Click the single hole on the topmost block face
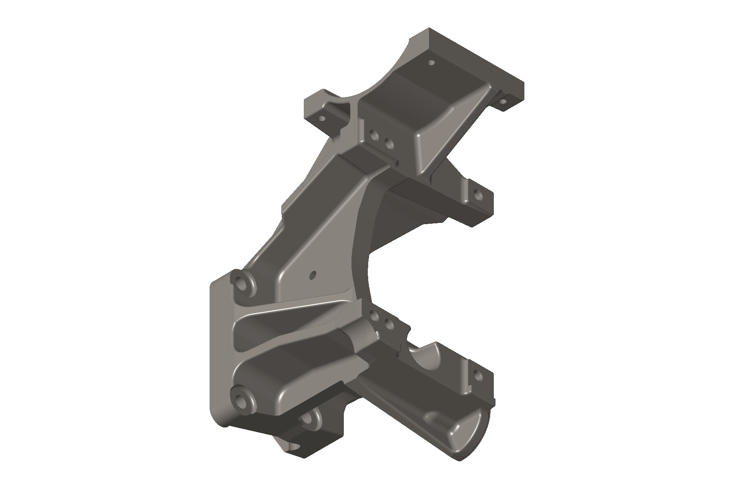pyautogui.click(x=432, y=63)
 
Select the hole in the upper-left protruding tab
pyautogui.click(x=322, y=119)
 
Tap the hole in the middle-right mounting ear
pyautogui.click(x=477, y=194)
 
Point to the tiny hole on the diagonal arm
pyautogui.click(x=313, y=275)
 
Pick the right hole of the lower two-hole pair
pyautogui.click(x=389, y=324)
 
